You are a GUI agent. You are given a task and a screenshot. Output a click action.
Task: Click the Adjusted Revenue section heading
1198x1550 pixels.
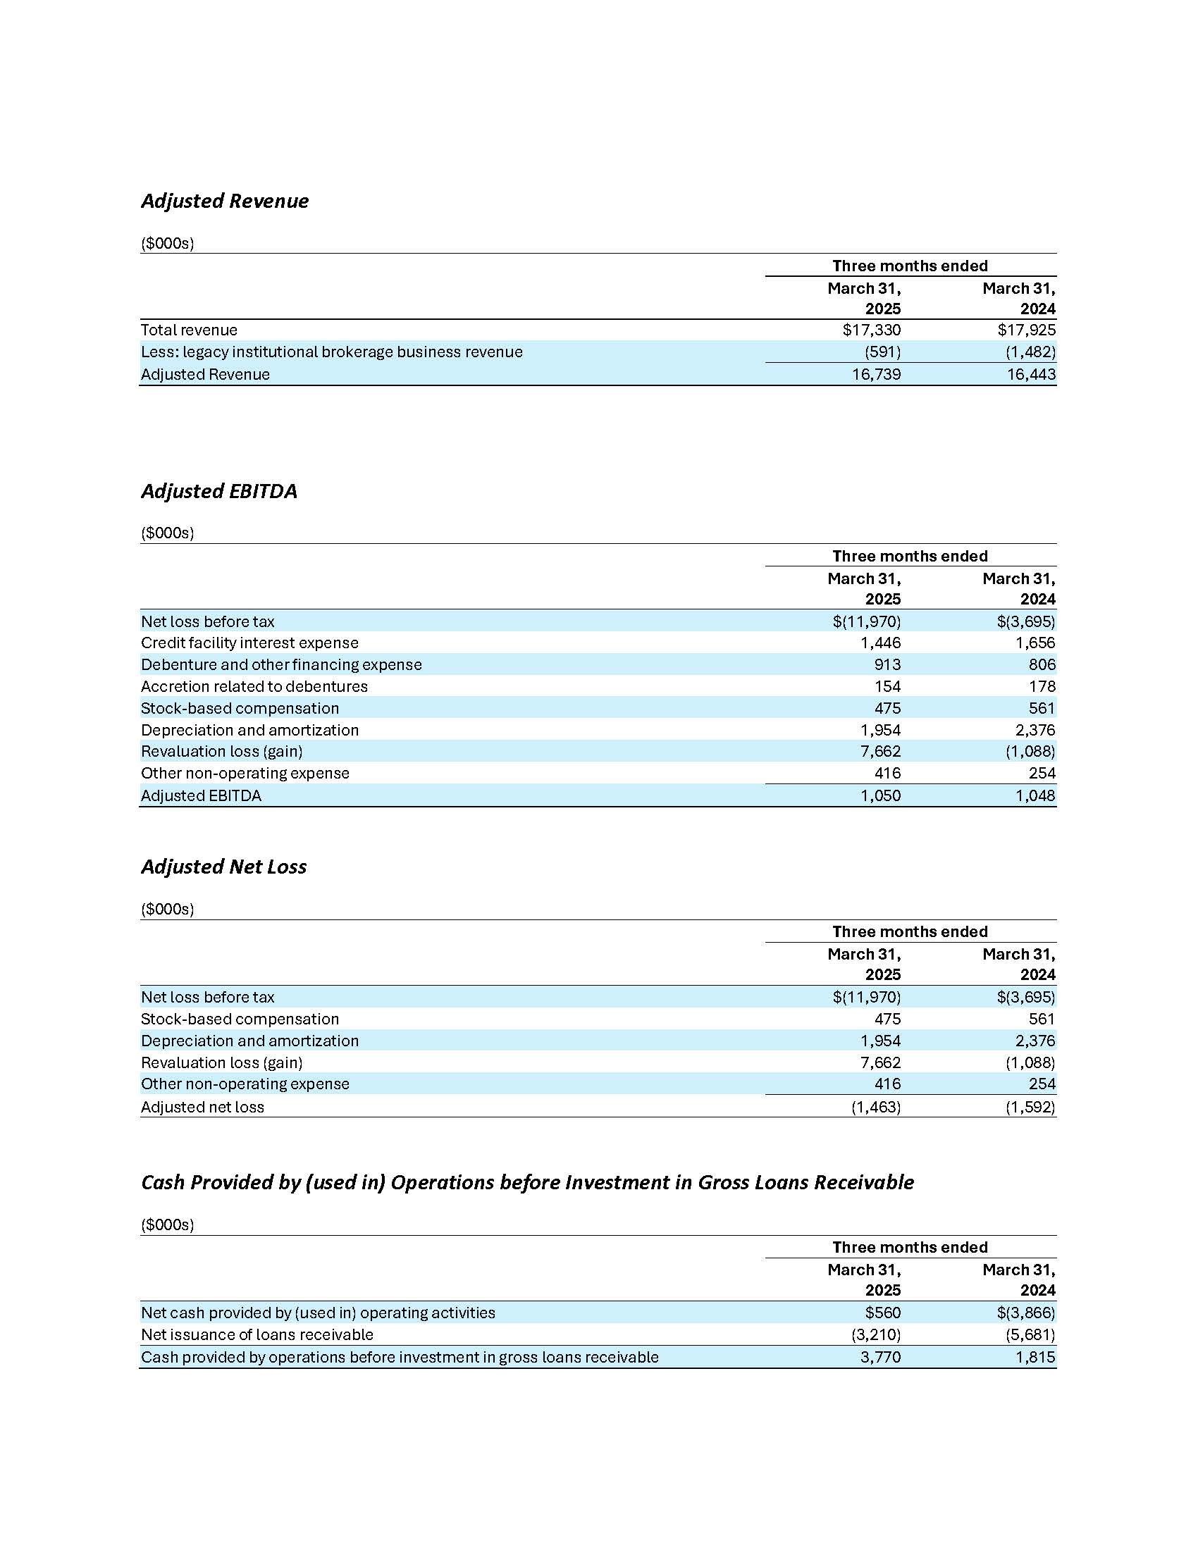coord(225,201)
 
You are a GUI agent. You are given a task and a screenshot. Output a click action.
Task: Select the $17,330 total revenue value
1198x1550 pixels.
coord(872,330)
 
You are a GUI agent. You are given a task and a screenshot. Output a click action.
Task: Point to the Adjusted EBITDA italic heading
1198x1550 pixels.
coord(219,491)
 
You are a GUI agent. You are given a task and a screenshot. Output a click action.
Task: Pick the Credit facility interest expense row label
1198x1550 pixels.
coord(250,643)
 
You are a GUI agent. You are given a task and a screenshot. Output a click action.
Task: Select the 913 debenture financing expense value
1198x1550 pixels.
coord(887,665)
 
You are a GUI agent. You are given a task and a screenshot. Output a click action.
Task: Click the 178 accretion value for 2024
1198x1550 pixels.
coord(1042,686)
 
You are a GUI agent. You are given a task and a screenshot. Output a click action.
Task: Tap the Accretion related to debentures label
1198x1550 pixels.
coord(254,686)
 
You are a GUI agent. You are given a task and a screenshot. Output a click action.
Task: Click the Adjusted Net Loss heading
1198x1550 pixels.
coord(223,867)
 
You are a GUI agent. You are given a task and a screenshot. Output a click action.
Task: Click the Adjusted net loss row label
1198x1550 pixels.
coord(202,1107)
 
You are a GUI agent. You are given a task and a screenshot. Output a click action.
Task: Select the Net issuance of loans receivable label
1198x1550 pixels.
coord(257,1335)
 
